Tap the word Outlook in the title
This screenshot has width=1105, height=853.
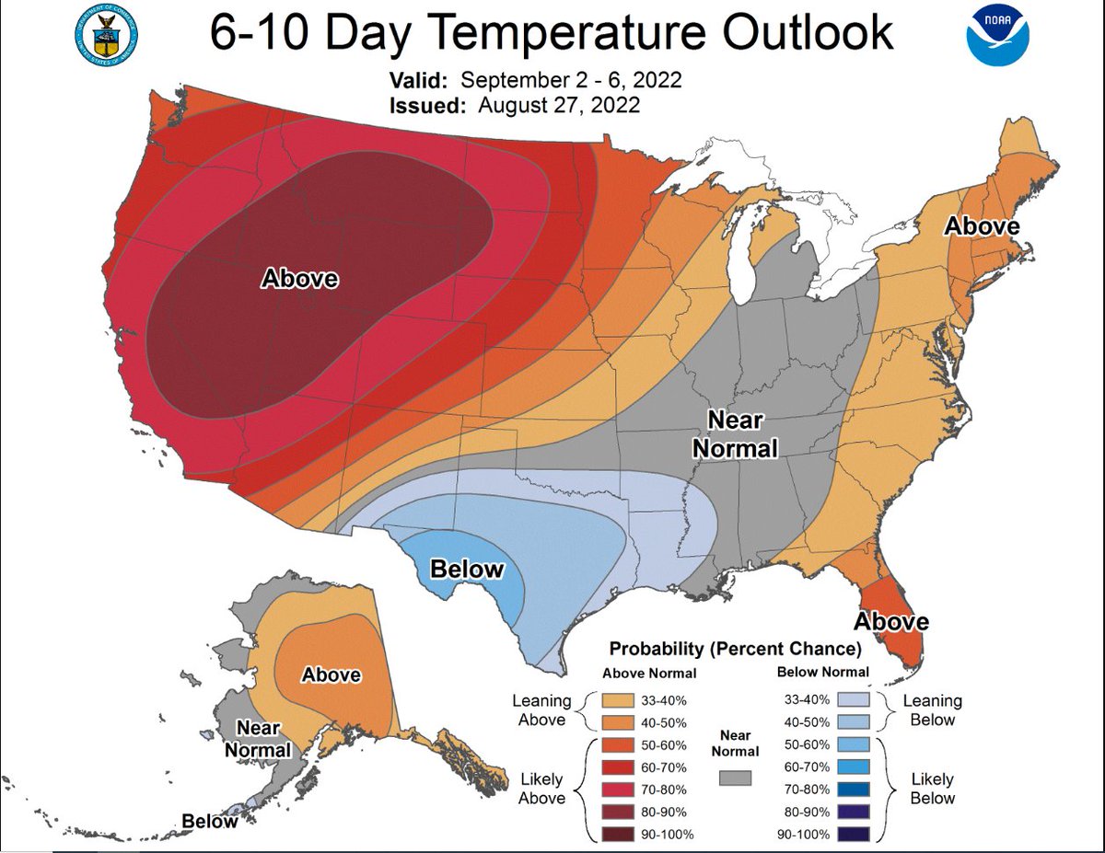pyautogui.click(x=806, y=35)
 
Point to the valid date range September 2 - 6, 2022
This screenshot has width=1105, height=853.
pyautogui.click(x=571, y=79)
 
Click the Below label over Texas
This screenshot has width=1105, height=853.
pyautogui.click(x=467, y=569)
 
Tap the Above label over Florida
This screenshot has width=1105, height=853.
pyautogui.click(x=891, y=622)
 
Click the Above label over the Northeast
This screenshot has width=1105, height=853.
pyautogui.click(x=983, y=225)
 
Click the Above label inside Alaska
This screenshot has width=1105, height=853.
pyautogui.click(x=331, y=674)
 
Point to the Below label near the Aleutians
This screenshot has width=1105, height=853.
pyautogui.click(x=209, y=821)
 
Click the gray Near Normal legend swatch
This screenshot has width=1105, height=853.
pyautogui.click(x=735, y=778)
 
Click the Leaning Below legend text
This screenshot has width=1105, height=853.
pyautogui.click(x=932, y=710)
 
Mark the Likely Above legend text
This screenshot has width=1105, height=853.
pyautogui.click(x=541, y=789)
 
